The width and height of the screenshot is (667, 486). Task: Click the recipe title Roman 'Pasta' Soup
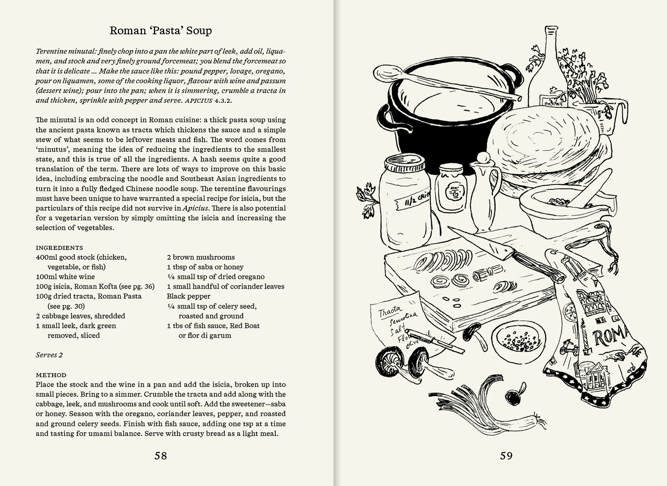pyautogui.click(x=161, y=31)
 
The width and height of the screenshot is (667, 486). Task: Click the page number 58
pyautogui.click(x=161, y=456)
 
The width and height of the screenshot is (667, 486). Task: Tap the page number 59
pyautogui.click(x=506, y=456)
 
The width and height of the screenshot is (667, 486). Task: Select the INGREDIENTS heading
pyautogui.click(x=59, y=248)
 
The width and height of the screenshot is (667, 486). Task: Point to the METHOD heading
pyautogui.click(x=51, y=375)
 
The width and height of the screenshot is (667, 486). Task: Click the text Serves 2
pyautogui.click(x=49, y=355)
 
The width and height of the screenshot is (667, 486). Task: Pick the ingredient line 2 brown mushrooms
pyautogui.click(x=201, y=257)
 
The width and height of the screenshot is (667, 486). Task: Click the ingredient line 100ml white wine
pyautogui.click(x=65, y=277)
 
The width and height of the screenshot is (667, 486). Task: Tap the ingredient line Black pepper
pyautogui.click(x=189, y=296)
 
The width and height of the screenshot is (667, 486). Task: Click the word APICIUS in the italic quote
pyautogui.click(x=198, y=100)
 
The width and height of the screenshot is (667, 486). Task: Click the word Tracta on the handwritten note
pyautogui.click(x=390, y=311)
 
